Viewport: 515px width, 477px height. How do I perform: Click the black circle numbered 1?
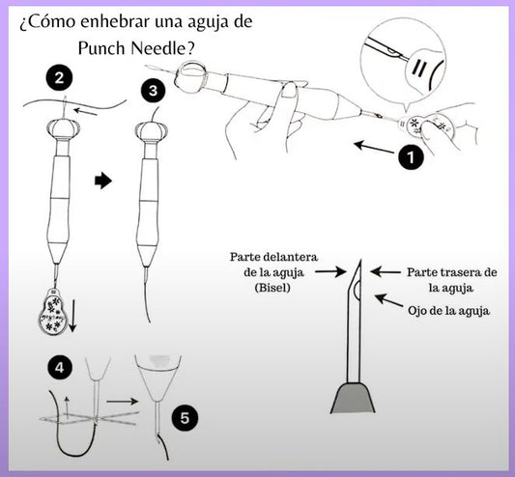[x=411, y=157]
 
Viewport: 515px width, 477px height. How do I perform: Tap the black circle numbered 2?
[x=59, y=78]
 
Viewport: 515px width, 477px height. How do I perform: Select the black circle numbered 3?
[x=154, y=91]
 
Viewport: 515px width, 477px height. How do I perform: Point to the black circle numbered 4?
[x=60, y=368]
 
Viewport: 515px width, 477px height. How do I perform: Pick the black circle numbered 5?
[x=185, y=418]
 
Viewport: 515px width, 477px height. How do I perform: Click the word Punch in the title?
[x=101, y=49]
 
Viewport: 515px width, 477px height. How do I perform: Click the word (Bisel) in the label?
[x=272, y=288]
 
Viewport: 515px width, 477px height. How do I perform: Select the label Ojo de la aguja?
[x=448, y=311]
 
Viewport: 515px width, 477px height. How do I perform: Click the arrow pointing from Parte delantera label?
[x=330, y=271]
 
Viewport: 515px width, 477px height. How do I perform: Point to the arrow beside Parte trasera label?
[x=386, y=272]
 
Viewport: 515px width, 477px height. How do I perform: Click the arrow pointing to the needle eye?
[x=388, y=300]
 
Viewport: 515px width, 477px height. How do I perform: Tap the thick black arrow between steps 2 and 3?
[x=103, y=181]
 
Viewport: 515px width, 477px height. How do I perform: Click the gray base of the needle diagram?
[x=353, y=398]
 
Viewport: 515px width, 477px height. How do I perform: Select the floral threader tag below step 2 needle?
[x=53, y=312]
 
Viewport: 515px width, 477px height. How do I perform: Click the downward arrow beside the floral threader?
[x=72, y=315]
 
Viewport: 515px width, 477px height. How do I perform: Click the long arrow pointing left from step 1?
[x=374, y=148]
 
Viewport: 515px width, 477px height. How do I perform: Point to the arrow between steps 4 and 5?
[x=122, y=401]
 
